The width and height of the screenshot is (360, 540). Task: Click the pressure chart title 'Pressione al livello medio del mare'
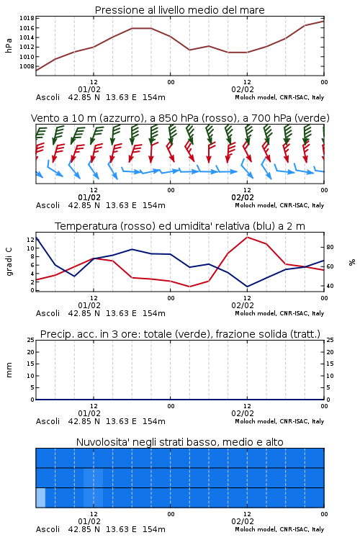[x=179, y=10]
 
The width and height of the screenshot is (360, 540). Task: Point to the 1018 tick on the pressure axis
[x=27, y=18]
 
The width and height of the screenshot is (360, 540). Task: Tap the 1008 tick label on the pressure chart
[x=27, y=66]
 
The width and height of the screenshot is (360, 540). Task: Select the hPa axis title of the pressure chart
[x=9, y=45]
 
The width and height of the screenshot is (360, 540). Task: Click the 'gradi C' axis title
[x=9, y=261]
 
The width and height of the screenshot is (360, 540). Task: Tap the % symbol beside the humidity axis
[x=352, y=262]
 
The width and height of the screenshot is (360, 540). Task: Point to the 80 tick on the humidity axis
[x=330, y=247]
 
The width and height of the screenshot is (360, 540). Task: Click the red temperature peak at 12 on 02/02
[x=247, y=237]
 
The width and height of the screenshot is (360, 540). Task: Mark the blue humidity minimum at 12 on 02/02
[x=247, y=287]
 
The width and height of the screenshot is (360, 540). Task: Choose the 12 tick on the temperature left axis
[x=30, y=240]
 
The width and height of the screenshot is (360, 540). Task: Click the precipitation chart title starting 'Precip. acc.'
[x=180, y=334]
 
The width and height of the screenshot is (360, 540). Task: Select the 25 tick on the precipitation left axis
[x=30, y=340]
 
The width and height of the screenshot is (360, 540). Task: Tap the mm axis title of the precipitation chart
[x=9, y=370]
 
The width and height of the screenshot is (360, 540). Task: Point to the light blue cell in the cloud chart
[x=40, y=498]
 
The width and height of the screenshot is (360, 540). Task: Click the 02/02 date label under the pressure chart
[x=243, y=89]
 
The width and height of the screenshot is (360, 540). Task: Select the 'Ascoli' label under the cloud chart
[x=48, y=529]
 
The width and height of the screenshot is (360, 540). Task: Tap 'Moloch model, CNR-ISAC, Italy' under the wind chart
[x=279, y=205]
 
